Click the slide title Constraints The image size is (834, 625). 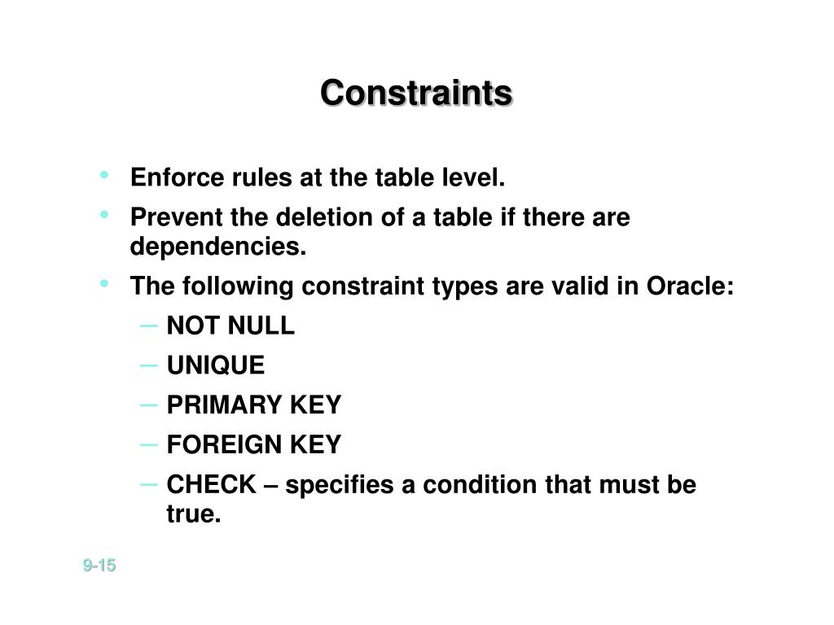(416, 93)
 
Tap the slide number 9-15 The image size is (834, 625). (99, 565)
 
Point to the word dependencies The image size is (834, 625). (217, 247)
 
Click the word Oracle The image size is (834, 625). (690, 286)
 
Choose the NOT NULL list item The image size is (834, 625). (230, 326)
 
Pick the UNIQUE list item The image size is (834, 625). (216, 366)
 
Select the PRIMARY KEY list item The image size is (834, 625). (254, 405)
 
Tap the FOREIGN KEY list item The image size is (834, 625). (254, 445)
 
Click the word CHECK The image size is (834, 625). (211, 485)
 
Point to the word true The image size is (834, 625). (194, 514)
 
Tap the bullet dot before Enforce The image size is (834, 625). (105, 174)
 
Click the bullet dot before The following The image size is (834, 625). (105, 283)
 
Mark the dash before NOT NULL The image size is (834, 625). (149, 326)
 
